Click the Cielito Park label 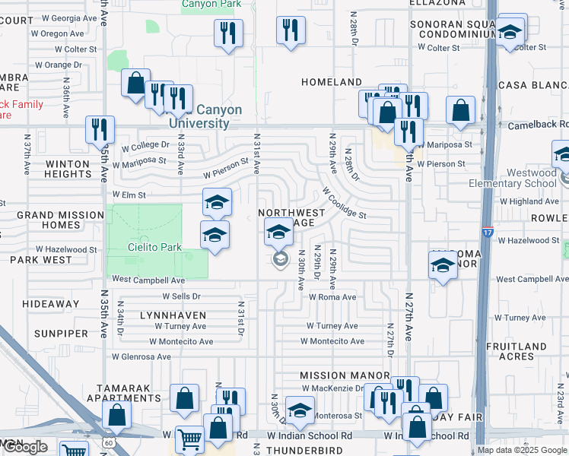coord(143,247)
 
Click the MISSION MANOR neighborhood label coord(345,375)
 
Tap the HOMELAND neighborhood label coord(331,81)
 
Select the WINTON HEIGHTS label coord(68,169)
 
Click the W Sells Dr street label coord(181,296)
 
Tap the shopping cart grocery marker coord(189,439)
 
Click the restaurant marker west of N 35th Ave coord(99,129)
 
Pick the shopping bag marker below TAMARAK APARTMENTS coord(116,415)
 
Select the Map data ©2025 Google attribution coord(522,450)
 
